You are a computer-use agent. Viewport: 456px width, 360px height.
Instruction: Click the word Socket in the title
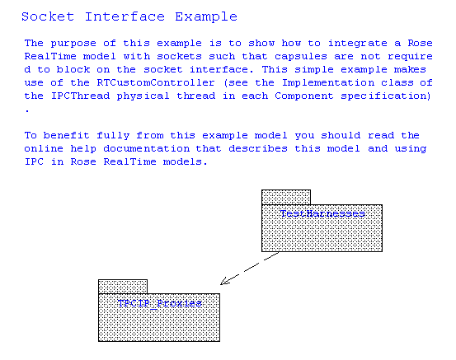[x=48, y=16]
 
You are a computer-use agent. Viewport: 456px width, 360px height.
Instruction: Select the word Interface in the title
[x=125, y=16]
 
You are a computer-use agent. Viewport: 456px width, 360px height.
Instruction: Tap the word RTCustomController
[x=156, y=82]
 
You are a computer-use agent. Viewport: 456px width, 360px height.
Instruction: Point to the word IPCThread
[x=81, y=96]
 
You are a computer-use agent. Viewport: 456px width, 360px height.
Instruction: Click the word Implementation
[x=328, y=82]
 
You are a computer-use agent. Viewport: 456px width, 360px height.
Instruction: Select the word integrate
[x=358, y=44]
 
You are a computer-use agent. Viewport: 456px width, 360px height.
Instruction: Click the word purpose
[x=73, y=44]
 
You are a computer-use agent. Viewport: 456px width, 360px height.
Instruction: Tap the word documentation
[x=147, y=148]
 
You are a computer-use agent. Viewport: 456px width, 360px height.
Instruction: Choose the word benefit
[x=66, y=135]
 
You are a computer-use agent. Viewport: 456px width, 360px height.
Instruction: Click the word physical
[x=143, y=96]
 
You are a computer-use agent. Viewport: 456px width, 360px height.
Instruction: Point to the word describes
[x=258, y=148]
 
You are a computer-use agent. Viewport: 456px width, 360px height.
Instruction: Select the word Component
[x=304, y=96]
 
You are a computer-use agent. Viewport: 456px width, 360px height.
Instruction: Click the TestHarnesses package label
[x=322, y=214]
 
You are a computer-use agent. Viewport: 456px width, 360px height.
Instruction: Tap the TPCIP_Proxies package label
[x=160, y=303]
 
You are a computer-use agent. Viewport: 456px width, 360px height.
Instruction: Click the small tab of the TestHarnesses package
[x=286, y=197]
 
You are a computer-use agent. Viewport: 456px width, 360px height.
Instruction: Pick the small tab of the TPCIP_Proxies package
[x=123, y=287]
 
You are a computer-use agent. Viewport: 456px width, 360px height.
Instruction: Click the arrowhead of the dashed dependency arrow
[x=224, y=281]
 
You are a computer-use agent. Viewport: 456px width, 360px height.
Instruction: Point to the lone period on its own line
[x=27, y=110]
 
